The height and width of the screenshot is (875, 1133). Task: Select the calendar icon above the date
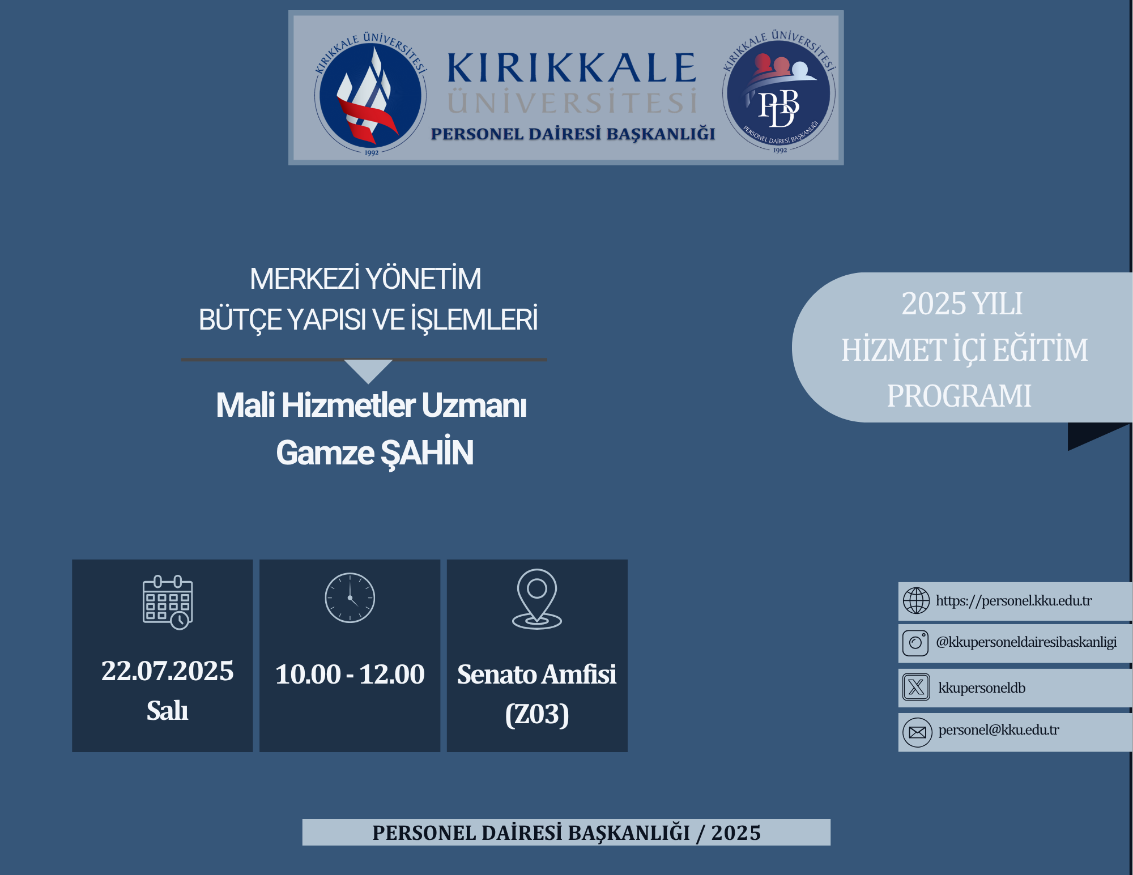tap(168, 602)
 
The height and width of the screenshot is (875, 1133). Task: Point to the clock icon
tap(350, 598)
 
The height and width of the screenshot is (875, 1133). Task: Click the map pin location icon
tap(537, 599)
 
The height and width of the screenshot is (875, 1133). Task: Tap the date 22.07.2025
tap(168, 671)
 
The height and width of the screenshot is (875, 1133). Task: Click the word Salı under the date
tap(167, 711)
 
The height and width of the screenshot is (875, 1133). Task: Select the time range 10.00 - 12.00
tap(350, 675)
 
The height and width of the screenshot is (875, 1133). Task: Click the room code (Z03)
tap(537, 714)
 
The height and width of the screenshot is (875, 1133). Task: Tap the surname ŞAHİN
tap(427, 453)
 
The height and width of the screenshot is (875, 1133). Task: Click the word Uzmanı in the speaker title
tap(474, 406)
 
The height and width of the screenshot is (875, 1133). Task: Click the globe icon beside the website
tap(916, 601)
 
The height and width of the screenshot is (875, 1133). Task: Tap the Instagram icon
tap(915, 643)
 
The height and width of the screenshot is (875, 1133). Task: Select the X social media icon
tap(916, 688)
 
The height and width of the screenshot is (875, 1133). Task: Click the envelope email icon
tap(917, 733)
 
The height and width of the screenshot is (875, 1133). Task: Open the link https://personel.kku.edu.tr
tap(1014, 601)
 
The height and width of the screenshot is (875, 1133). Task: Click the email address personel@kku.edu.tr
tap(999, 730)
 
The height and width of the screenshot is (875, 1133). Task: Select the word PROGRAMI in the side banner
tap(959, 396)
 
